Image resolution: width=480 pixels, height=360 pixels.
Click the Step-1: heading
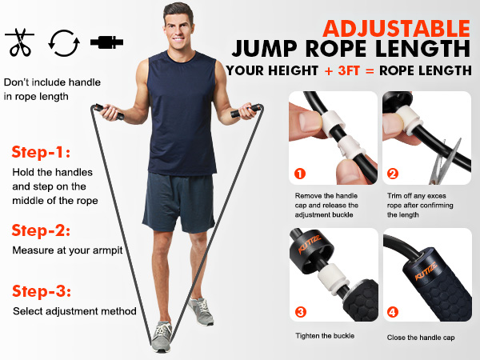pyautogui.click(x=41, y=152)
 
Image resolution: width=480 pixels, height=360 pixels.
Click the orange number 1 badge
pyautogui.click(x=300, y=173)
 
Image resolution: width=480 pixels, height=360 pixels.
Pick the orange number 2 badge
pyautogui.click(x=391, y=173)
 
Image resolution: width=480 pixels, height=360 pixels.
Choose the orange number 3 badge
pyautogui.click(x=300, y=312)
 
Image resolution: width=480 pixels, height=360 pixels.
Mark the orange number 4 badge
pyautogui.click(x=391, y=312)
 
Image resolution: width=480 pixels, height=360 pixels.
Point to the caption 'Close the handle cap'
pyautogui.click(x=421, y=337)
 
